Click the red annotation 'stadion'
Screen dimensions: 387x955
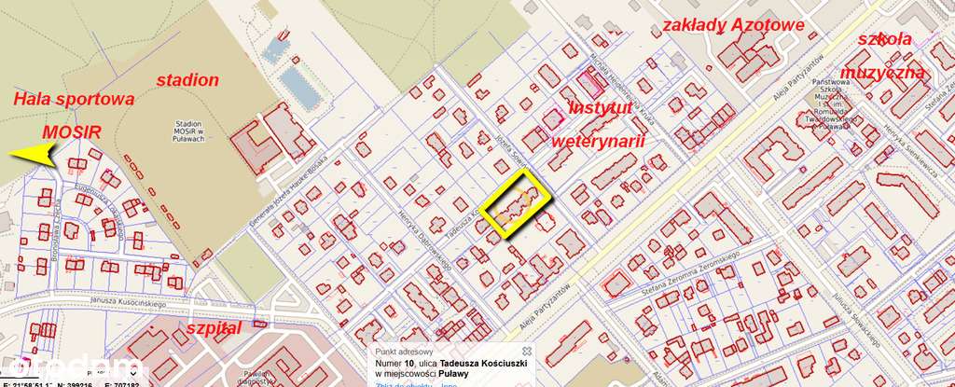tap(187, 79)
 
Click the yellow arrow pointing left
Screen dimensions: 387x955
tap(33, 154)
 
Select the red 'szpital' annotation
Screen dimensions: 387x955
tap(214, 328)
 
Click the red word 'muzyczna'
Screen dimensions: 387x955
tap(882, 73)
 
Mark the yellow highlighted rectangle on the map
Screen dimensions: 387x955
tap(517, 205)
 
